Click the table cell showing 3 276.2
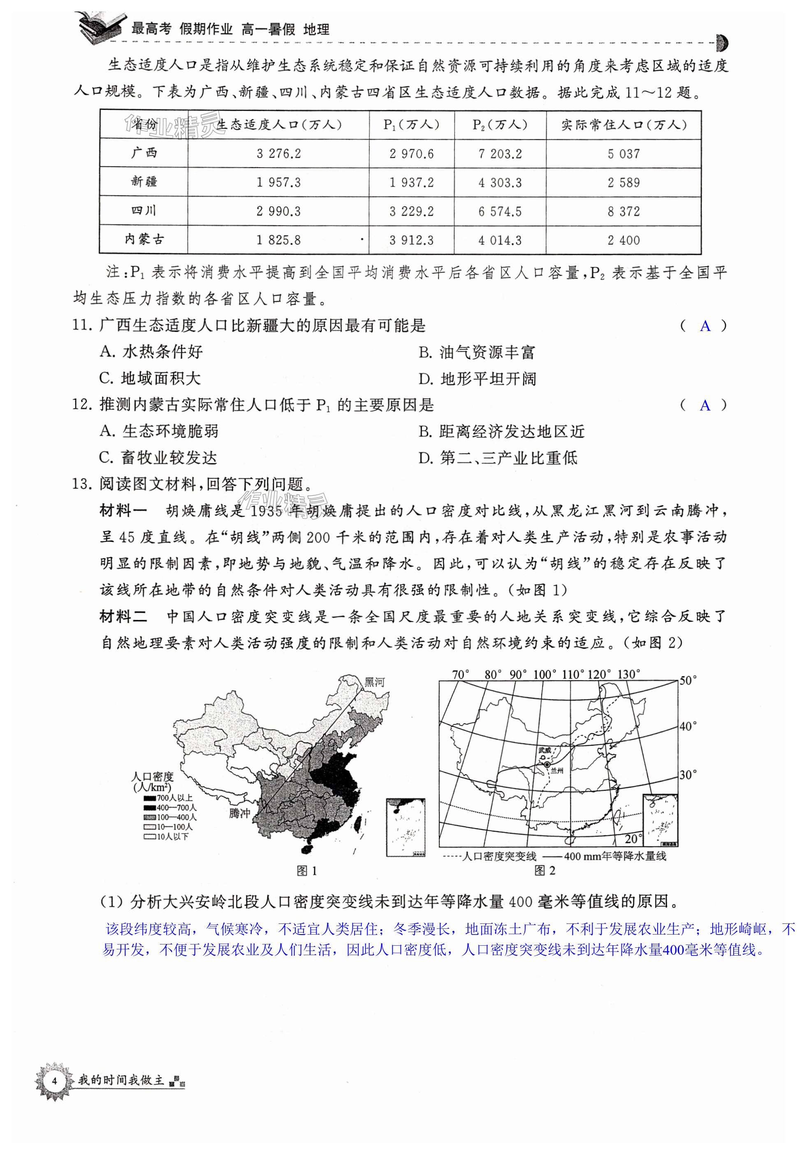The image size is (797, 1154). (279, 154)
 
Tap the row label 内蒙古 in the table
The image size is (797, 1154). (144, 240)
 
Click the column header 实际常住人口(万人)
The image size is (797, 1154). (624, 125)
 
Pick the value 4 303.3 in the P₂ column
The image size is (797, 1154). (500, 182)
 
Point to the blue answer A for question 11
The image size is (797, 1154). (704, 326)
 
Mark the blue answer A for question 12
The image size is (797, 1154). (704, 406)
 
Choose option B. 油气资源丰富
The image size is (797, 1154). (477, 352)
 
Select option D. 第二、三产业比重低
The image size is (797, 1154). (498, 458)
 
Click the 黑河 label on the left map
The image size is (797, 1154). (375, 682)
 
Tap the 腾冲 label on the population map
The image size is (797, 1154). (239, 813)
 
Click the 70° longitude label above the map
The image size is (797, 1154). (461, 675)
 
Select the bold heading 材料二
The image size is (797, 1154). (123, 617)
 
